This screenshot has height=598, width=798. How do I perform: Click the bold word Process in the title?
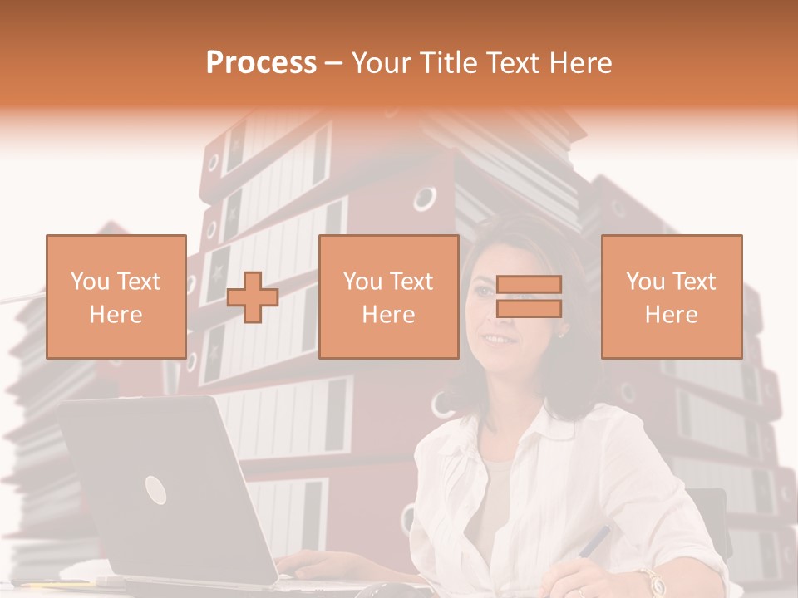pos(261,63)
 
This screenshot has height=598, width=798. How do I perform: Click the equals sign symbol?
pos(529,297)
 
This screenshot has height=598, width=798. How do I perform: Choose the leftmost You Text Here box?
pos(116,297)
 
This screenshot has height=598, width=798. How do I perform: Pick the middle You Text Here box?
pos(388,297)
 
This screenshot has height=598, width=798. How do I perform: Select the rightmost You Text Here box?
pos(671,297)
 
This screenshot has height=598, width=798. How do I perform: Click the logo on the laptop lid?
pos(155,490)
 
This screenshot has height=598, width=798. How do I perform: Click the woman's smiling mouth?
pos(499,339)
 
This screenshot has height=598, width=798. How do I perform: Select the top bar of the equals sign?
pos(529,284)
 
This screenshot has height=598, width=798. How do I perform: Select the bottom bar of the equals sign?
pos(529,309)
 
